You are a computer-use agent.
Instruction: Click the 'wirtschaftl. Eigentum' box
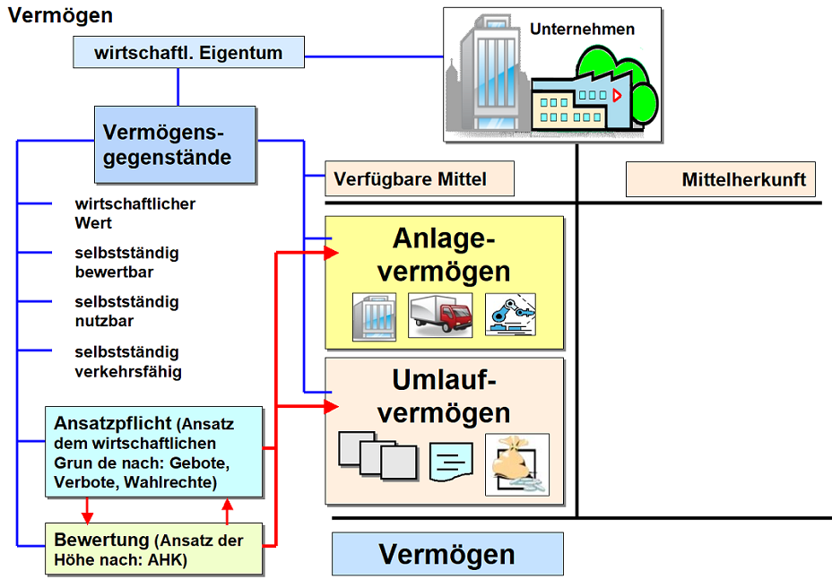(188, 53)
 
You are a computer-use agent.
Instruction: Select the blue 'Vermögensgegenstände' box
(176, 145)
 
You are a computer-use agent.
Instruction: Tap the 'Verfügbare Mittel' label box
(420, 179)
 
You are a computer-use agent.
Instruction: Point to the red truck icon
(440, 316)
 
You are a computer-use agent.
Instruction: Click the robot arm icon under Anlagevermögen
(510, 316)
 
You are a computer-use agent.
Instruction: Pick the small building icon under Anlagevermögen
(373, 316)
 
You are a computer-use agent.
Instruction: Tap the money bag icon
(516, 464)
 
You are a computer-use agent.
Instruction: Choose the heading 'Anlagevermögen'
(443, 255)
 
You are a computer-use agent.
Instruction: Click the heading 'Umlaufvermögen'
(443, 396)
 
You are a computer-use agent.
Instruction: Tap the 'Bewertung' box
(154, 549)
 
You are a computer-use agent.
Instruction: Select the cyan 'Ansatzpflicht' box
(154, 452)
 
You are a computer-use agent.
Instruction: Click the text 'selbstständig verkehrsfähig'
(127, 361)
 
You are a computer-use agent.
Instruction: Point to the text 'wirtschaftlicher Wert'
(134, 213)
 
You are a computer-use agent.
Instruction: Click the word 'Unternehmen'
(582, 29)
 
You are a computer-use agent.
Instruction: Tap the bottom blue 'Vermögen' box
(447, 554)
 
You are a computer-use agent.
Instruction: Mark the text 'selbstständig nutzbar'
(126, 311)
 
